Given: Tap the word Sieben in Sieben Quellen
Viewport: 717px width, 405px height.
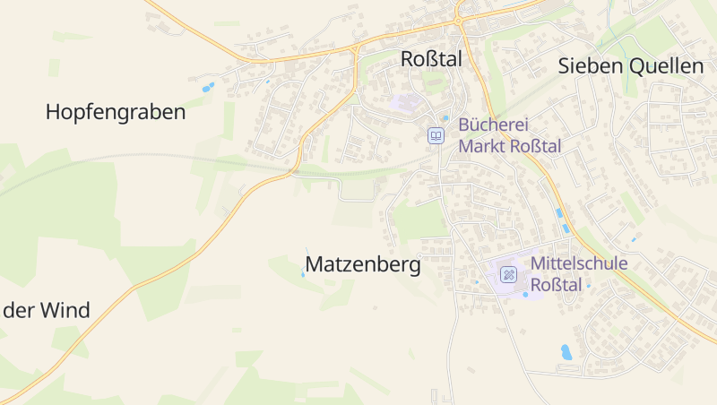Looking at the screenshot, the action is [x=587, y=65].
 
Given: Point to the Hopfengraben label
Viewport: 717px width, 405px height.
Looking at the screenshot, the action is [x=116, y=112].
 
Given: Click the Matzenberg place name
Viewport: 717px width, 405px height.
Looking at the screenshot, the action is [x=363, y=264].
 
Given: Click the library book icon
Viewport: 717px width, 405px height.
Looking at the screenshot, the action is [x=436, y=135].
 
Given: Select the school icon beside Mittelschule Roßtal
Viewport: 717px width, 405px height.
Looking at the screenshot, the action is [x=508, y=274].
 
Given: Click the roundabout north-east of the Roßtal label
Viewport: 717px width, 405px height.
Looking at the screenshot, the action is [x=458, y=19].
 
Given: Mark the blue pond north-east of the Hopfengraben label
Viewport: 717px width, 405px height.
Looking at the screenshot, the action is [x=208, y=88].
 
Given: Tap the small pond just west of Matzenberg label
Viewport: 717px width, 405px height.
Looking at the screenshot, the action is [x=303, y=274].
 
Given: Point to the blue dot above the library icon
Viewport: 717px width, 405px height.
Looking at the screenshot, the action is [x=445, y=117].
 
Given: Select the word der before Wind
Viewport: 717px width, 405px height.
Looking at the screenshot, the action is [x=19, y=311].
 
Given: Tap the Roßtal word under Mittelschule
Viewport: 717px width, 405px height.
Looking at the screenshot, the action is [x=557, y=285].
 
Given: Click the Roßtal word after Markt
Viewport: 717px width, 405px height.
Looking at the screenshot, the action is [x=536, y=146].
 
